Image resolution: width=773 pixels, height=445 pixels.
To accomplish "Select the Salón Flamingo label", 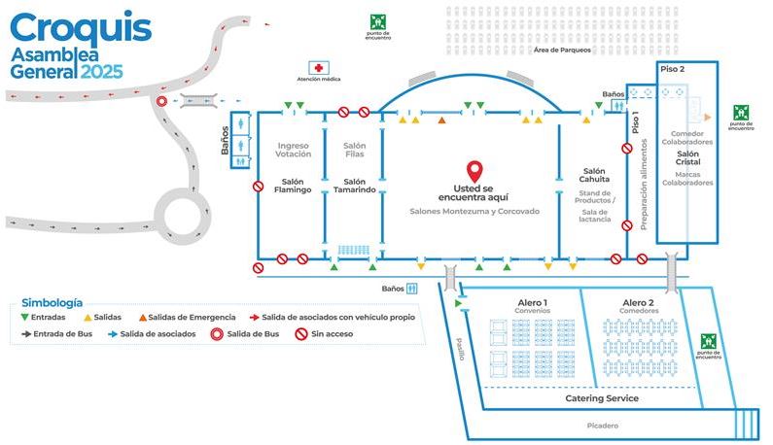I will coord(293,185).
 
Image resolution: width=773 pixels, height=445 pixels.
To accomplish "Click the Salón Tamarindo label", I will coord(354,185).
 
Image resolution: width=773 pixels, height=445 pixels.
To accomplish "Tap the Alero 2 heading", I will coord(638,303).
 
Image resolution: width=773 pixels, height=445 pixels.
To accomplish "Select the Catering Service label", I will coord(602,398).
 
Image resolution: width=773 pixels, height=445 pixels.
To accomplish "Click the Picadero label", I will coord(603,426).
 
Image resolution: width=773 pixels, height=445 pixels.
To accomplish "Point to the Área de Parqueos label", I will coord(562,51).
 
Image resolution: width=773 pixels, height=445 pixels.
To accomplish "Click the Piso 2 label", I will coord(673,70).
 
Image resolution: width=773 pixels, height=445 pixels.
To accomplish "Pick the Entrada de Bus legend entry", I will coord(59,333).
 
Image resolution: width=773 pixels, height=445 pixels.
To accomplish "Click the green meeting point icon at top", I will coord(378,20).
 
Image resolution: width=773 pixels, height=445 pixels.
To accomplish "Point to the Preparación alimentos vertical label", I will coord(643,184).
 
